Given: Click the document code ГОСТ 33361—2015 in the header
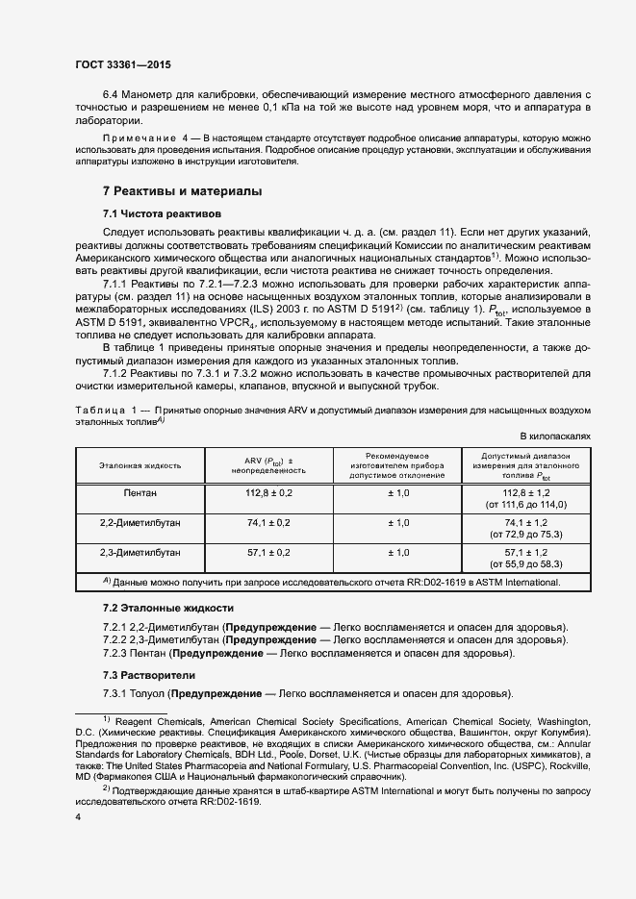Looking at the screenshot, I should pos(123,66).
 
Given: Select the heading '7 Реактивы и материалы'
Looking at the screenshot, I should pos(182,191).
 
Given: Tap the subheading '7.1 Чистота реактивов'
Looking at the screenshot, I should pos(162,212).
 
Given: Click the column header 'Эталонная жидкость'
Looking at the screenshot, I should pos(140,464).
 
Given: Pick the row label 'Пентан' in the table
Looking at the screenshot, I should pos(140,492).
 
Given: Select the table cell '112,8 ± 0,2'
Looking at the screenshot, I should pos(268,492).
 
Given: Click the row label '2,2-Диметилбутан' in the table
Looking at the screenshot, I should pos(140,522).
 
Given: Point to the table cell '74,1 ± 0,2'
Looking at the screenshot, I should pos(268,522).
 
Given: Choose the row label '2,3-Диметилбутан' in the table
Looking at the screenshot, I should pos(140,553).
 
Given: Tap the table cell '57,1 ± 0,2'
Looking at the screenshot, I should pos(268,553).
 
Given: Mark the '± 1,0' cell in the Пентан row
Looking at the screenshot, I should pos(398,492).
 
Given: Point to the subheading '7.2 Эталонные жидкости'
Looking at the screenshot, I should pos(168,609).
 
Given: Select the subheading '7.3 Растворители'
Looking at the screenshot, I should pos(148,675).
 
